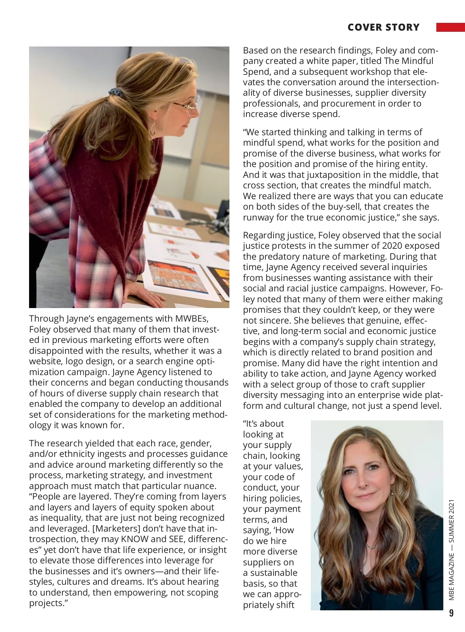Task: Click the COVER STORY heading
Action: point(383,28)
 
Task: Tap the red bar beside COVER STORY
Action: point(450,27)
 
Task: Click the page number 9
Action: point(451,613)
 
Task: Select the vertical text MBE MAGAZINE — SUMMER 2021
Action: point(451,550)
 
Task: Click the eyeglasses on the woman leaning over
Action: point(186,105)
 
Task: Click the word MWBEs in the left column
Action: point(192,319)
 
